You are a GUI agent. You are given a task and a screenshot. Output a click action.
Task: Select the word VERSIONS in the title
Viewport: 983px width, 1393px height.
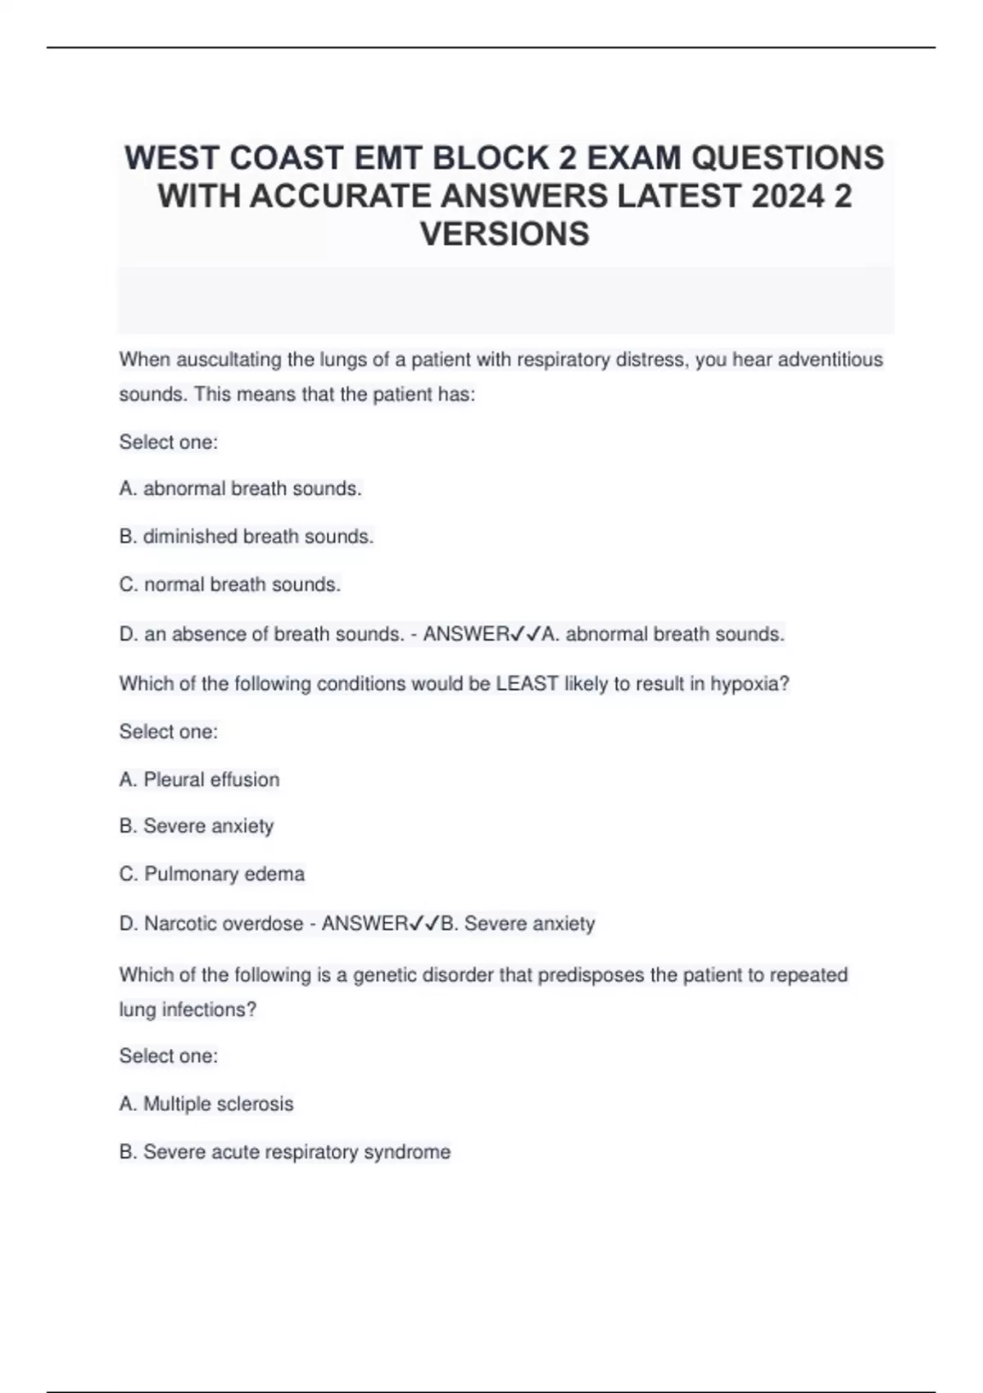tap(505, 234)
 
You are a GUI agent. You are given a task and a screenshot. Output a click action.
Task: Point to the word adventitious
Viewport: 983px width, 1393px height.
tap(830, 360)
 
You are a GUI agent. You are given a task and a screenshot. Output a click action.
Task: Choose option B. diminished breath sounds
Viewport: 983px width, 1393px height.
tap(246, 537)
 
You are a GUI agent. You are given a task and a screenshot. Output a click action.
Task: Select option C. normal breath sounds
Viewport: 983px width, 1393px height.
tap(229, 585)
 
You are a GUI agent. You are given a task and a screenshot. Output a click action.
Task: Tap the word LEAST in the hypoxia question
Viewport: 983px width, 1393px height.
tap(527, 684)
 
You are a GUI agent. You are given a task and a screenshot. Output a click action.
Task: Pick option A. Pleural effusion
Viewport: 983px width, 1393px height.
tap(199, 779)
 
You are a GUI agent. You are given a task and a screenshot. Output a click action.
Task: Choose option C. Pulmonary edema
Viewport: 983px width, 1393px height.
tap(211, 874)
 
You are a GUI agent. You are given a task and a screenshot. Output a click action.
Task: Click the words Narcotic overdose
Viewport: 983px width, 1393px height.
tap(224, 923)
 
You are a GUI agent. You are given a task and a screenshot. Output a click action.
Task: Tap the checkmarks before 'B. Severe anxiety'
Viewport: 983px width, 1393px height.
tap(424, 923)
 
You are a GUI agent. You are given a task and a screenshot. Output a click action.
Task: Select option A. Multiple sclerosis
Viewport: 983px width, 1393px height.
tap(206, 1104)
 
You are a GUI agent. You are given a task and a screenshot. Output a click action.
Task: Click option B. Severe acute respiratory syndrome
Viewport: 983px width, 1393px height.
tap(284, 1152)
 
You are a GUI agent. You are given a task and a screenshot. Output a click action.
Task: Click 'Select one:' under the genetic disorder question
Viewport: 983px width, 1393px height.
tap(168, 1056)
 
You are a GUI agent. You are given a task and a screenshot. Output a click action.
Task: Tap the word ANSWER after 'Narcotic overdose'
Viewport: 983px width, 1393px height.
tap(365, 923)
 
